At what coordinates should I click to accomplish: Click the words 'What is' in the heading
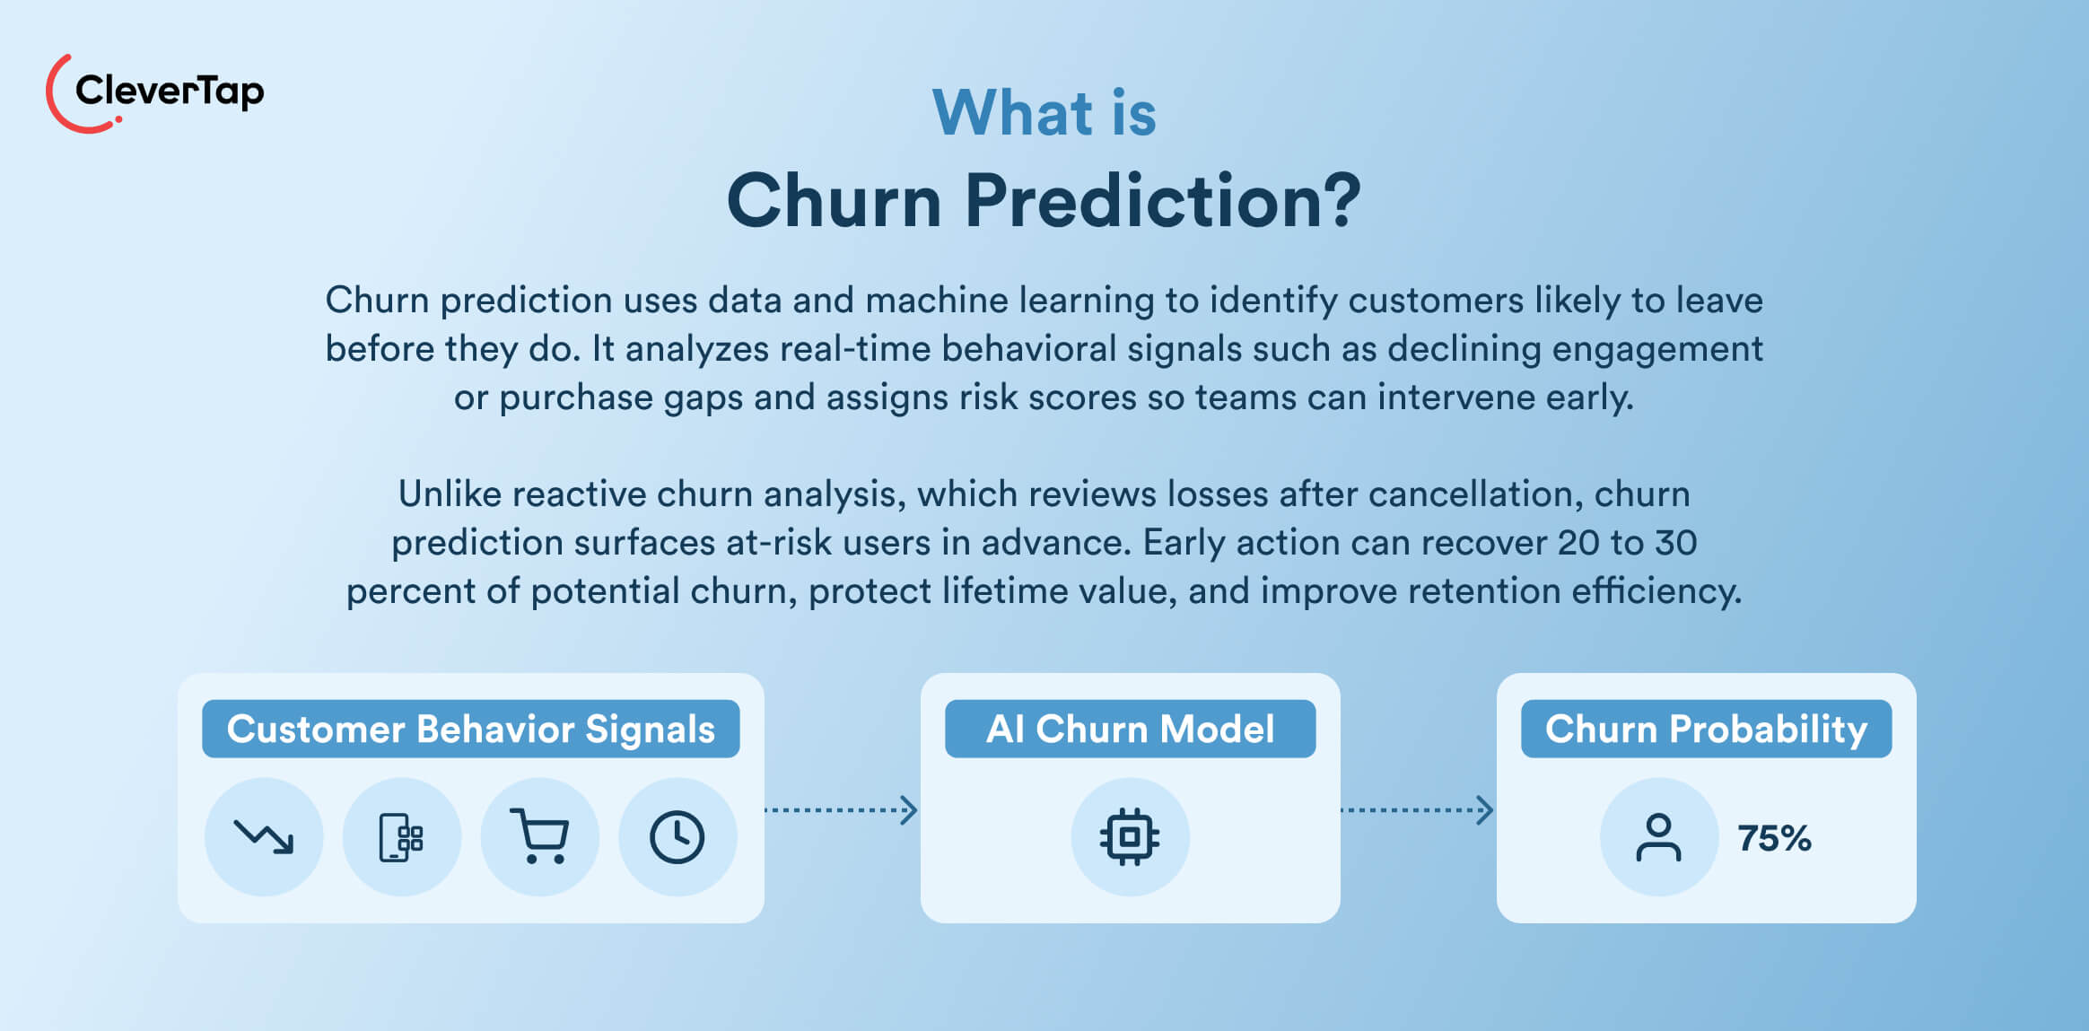coord(1044,114)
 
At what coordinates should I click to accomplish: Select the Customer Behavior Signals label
coord(470,729)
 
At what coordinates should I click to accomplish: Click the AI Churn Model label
coord(1130,729)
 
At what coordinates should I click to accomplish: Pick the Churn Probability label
coord(1706,729)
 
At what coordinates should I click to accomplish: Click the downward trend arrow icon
coord(264,836)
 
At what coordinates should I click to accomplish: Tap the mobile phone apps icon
coord(401,836)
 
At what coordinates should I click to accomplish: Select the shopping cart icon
coord(539,836)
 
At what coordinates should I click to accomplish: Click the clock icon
coord(677,836)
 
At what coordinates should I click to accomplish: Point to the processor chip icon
coord(1130,836)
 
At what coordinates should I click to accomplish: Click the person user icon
coord(1658,836)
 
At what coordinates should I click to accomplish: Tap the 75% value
coord(1774,838)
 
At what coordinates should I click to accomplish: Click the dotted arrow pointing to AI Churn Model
coord(841,810)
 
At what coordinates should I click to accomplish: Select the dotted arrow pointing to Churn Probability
coord(1417,810)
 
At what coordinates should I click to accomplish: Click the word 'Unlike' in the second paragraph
coord(447,494)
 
